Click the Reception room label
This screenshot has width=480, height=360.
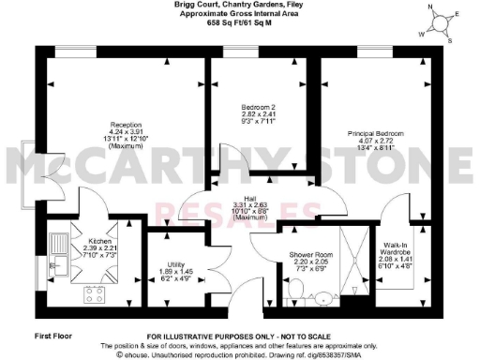coord(125,124)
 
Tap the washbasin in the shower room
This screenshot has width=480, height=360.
coord(323,297)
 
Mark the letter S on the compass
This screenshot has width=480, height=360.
coord(450,40)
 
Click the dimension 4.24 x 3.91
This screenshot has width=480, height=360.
coord(125,131)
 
